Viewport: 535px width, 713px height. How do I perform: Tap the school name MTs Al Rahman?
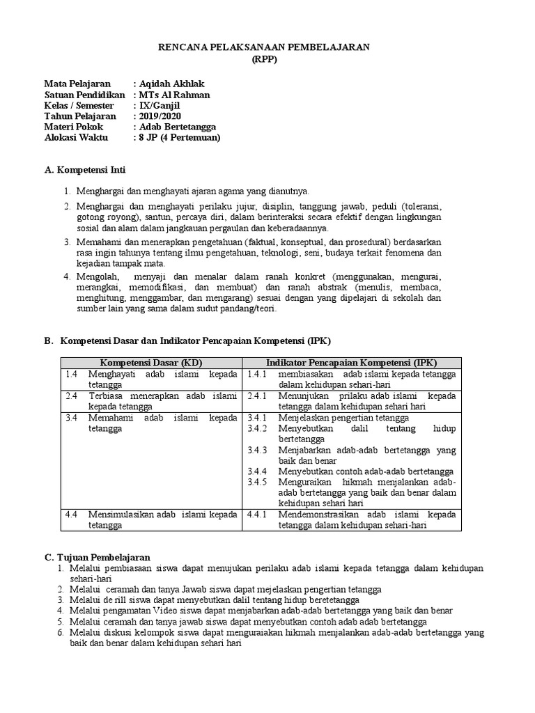coord(174,95)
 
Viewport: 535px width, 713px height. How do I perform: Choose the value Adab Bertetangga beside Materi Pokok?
coord(178,127)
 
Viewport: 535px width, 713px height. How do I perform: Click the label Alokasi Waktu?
coord(77,138)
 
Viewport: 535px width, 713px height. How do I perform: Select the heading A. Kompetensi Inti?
coord(85,170)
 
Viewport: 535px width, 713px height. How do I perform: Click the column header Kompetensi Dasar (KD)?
coord(150,363)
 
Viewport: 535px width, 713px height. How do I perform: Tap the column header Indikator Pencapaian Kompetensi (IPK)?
coord(351,363)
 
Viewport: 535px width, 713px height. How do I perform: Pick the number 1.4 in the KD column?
coord(70,374)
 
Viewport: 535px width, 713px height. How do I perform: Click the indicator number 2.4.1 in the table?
coord(258,395)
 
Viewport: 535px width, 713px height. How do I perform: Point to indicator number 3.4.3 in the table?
coord(258,450)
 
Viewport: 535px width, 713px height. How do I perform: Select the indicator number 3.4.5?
coord(258,482)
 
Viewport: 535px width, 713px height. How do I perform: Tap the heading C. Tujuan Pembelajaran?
coord(97,558)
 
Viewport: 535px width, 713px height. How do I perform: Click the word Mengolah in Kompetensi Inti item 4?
coord(97,276)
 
